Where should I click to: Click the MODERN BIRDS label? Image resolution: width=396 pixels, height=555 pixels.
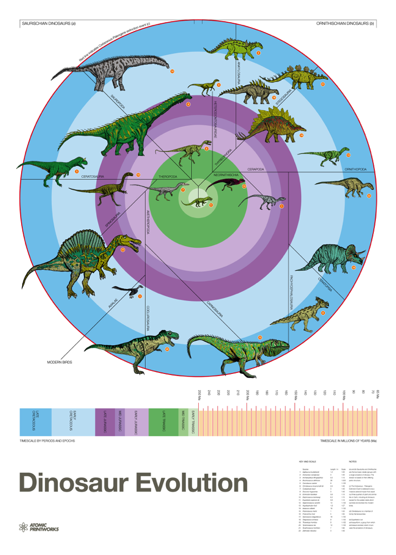[x=60, y=362]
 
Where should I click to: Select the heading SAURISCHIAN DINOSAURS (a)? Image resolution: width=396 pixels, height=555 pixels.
[x=48, y=24]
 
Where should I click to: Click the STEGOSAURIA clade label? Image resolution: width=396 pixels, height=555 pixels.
[x=284, y=98]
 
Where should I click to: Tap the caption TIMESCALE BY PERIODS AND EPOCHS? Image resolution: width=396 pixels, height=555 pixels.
[x=47, y=441]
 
